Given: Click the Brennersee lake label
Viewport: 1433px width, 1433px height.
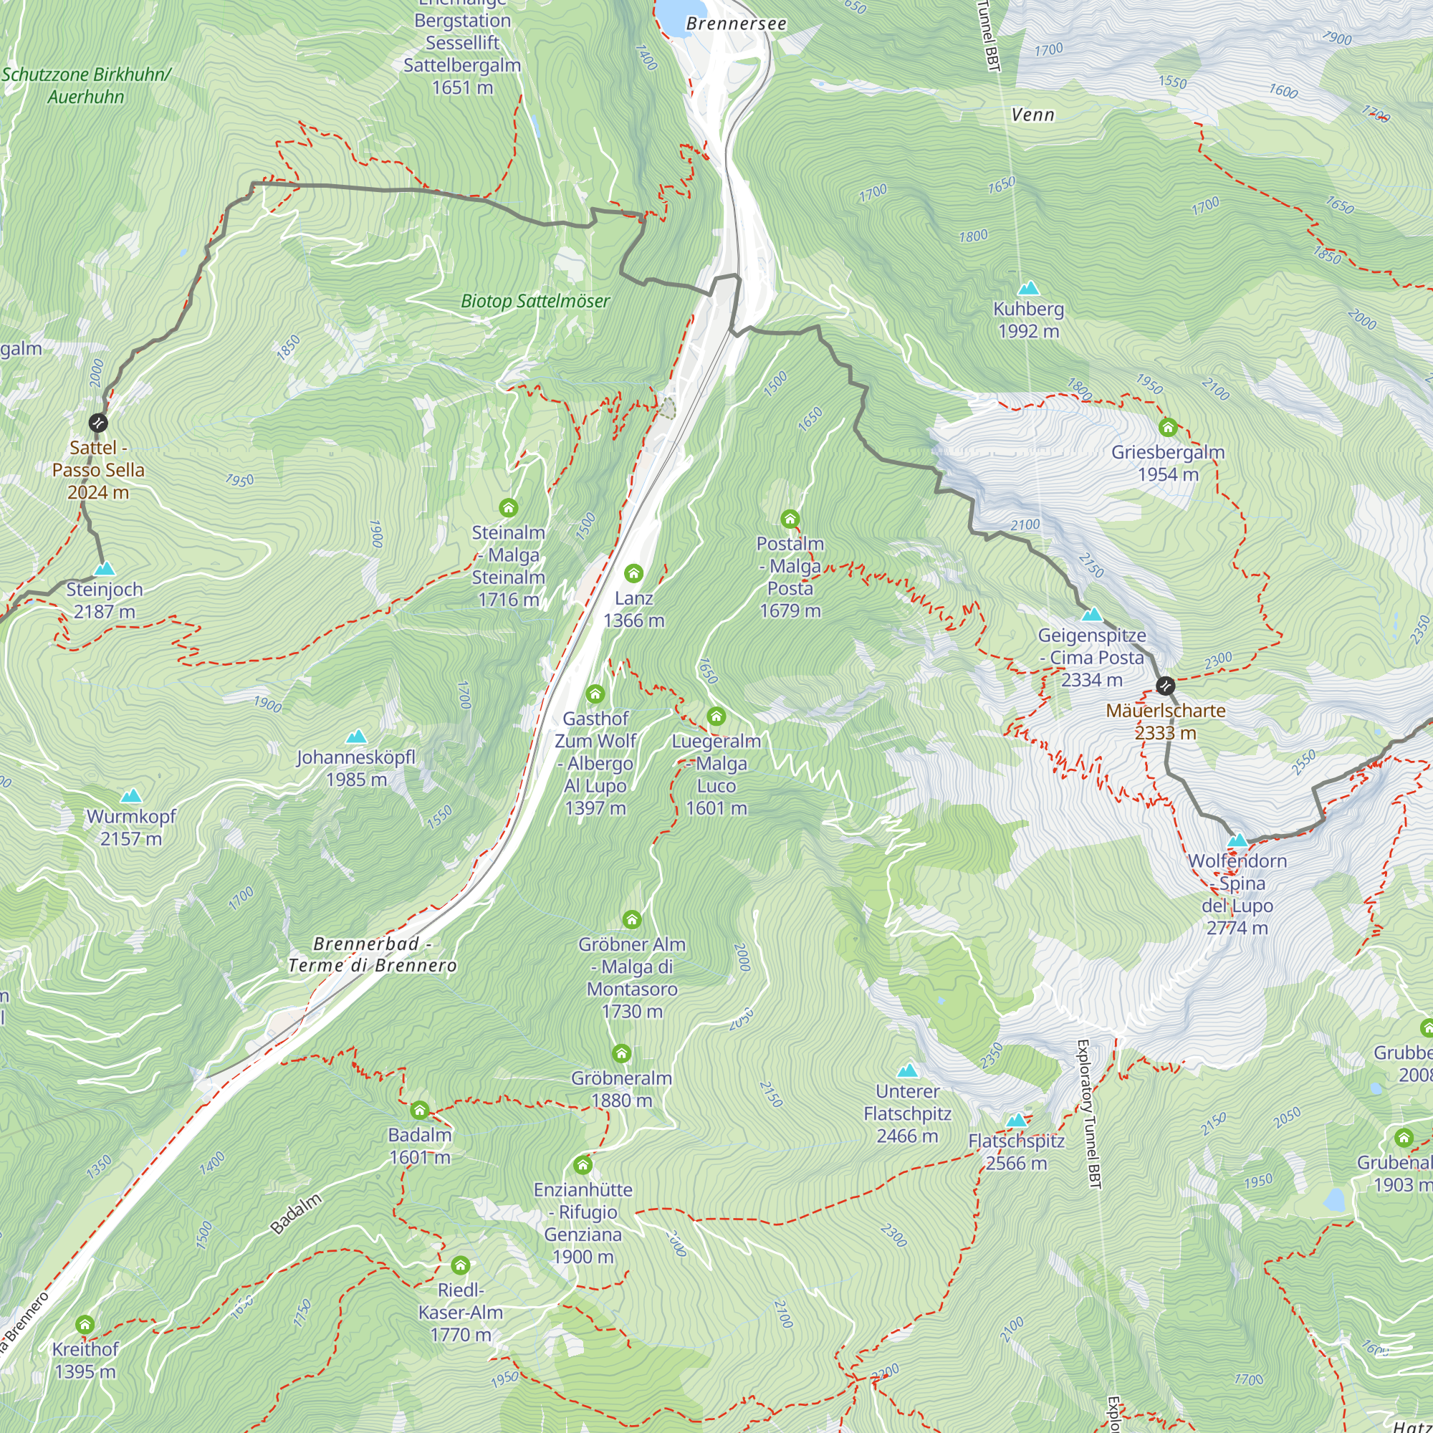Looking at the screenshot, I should coord(736,24).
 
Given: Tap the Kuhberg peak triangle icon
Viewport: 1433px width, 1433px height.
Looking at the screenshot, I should coord(1028,288).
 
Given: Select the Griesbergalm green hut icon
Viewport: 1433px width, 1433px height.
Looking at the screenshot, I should coord(1167,427).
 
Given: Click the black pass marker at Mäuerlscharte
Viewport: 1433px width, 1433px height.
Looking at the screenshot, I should coord(1165,686).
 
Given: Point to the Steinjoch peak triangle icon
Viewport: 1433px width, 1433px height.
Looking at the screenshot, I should coord(105,569).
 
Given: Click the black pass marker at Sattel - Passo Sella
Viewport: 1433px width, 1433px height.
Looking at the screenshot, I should coord(98,423).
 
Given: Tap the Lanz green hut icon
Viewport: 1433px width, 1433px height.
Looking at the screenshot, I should coord(633,573).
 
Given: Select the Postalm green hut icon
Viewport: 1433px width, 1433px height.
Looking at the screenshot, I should coord(790,519).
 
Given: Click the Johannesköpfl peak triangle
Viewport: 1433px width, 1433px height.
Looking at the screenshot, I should coord(356,737).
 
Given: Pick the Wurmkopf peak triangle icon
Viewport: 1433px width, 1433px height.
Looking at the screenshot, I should coord(131,796).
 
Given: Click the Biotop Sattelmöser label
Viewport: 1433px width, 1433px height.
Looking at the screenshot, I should coord(535,301).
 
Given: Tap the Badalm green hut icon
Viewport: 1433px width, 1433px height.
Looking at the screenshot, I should coord(419,1111).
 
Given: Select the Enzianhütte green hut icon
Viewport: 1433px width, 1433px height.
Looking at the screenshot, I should coord(583,1165).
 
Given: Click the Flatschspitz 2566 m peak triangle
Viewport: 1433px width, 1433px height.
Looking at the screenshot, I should coord(1016,1120).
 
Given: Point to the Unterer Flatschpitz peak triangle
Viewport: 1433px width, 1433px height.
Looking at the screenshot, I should coord(907,1070).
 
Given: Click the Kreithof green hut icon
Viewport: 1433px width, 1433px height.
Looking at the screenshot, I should coord(85,1325).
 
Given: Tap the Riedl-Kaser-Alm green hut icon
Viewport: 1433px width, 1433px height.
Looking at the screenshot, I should coord(460,1265).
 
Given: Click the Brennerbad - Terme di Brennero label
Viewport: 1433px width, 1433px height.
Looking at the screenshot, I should coord(373,954).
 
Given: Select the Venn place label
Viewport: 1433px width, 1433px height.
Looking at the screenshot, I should coord(1032,115).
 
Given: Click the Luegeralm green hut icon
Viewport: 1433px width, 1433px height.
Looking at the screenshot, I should coord(716,716).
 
